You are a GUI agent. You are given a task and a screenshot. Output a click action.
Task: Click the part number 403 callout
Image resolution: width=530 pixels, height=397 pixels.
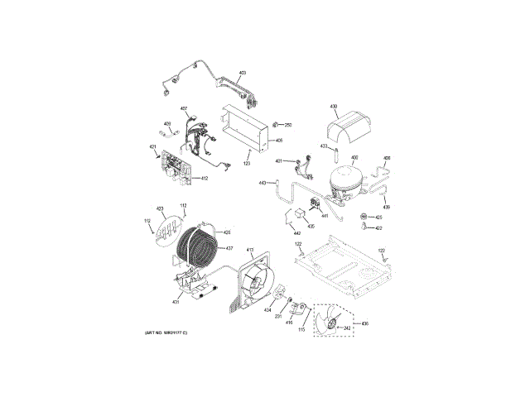tap(243, 74)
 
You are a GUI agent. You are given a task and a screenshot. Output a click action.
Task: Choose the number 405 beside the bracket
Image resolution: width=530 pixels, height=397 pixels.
tap(279, 141)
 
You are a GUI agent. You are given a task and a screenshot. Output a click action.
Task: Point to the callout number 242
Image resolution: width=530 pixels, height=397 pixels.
tap(349, 329)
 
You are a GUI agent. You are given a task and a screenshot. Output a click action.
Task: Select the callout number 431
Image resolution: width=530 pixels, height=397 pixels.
tap(176, 302)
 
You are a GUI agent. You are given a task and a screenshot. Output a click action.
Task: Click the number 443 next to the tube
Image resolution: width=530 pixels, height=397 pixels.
tap(263, 182)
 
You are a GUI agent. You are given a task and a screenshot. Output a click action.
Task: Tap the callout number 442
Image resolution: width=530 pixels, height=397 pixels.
tap(297, 233)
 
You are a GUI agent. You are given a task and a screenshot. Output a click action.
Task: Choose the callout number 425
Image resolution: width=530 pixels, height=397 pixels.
tap(378, 218)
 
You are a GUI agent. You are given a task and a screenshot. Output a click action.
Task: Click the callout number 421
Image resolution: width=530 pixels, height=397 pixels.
tap(153, 147)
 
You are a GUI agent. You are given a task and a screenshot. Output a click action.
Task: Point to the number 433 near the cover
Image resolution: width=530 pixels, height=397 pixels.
tap(325, 146)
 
